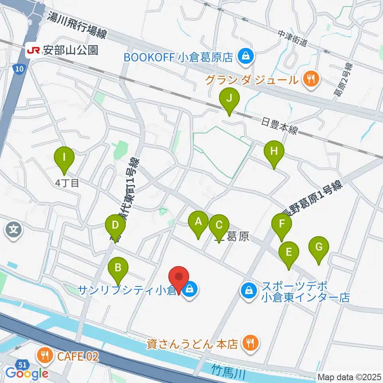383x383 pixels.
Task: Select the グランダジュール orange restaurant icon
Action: click(x=310, y=79)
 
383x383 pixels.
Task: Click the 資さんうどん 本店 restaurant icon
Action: click(x=251, y=343)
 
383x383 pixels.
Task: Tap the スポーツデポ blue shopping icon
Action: click(x=249, y=291)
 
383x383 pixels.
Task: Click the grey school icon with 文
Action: click(x=13, y=229)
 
